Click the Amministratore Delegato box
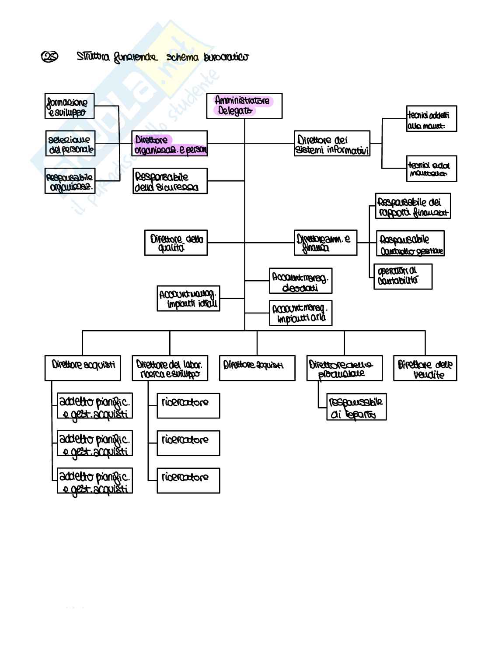(x=244, y=106)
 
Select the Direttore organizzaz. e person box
(x=170, y=144)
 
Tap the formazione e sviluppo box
(x=70, y=106)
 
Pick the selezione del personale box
(x=70, y=144)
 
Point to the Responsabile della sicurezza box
(x=170, y=181)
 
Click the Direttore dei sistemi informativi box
(x=332, y=144)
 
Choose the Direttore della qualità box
(x=176, y=243)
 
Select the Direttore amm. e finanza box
(x=325, y=243)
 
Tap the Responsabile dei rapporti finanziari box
(x=413, y=206)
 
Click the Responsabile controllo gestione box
(x=410, y=243)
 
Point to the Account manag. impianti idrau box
(x=188, y=299)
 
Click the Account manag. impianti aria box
(x=300, y=313)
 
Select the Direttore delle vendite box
(x=425, y=368)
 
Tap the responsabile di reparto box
(x=356, y=408)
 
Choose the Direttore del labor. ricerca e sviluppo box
(x=170, y=368)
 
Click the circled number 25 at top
(x=50, y=57)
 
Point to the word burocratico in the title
(x=226, y=57)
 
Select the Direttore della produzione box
(x=344, y=368)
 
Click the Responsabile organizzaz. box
(x=70, y=181)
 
